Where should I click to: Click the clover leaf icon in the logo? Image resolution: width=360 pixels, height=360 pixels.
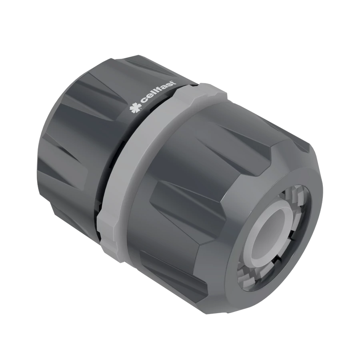click(135, 108)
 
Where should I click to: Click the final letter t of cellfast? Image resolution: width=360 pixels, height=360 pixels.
click(174, 83)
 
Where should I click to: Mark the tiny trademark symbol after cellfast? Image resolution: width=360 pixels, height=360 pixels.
click(176, 80)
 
